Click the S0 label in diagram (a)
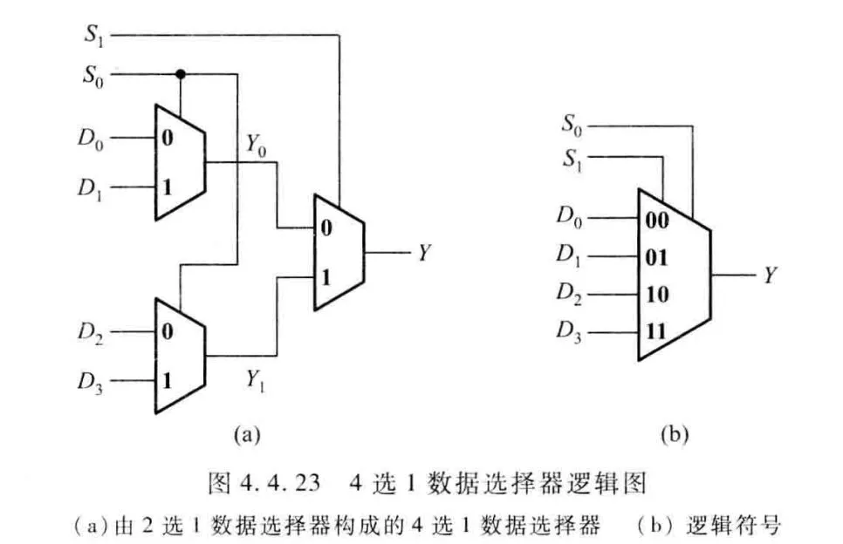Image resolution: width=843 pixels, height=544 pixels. pos(95,75)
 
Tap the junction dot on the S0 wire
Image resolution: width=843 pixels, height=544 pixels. pos(180,73)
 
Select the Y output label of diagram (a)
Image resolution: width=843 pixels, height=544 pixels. pos(424,254)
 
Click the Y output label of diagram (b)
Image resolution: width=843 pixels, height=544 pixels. pos(771,275)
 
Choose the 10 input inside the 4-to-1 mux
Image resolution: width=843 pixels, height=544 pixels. pos(657,295)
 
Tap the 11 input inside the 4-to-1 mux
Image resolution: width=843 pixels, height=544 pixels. pos(657,331)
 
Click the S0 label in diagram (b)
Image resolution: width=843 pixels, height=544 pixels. pos(571,127)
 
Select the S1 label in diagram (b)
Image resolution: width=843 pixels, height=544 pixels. pos(571,160)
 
